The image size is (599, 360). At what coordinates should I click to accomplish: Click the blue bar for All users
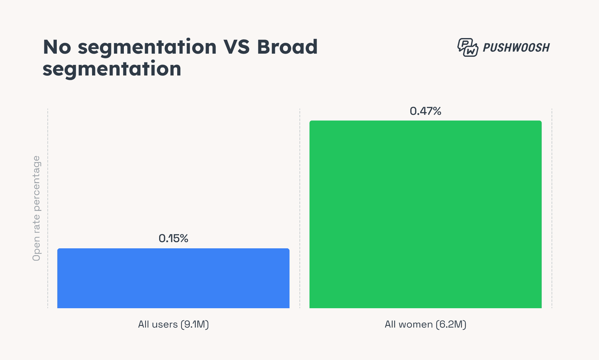[173, 278]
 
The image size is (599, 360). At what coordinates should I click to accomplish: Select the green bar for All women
[425, 215]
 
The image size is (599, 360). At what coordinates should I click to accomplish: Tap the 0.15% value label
[173, 239]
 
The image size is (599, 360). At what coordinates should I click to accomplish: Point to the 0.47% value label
[425, 111]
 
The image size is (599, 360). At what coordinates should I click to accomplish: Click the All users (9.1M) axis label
[173, 324]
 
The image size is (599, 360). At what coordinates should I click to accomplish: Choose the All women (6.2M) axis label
[425, 324]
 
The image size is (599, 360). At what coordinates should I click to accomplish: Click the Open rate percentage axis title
[37, 208]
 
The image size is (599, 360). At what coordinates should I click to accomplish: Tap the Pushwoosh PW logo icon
[467, 47]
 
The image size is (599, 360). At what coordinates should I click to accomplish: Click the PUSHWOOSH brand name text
[516, 48]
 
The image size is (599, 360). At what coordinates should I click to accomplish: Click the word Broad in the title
[287, 47]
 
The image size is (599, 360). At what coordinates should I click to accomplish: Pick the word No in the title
[57, 47]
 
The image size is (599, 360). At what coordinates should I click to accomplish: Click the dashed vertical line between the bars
[300, 208]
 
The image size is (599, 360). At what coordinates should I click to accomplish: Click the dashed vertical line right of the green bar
[552, 208]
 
